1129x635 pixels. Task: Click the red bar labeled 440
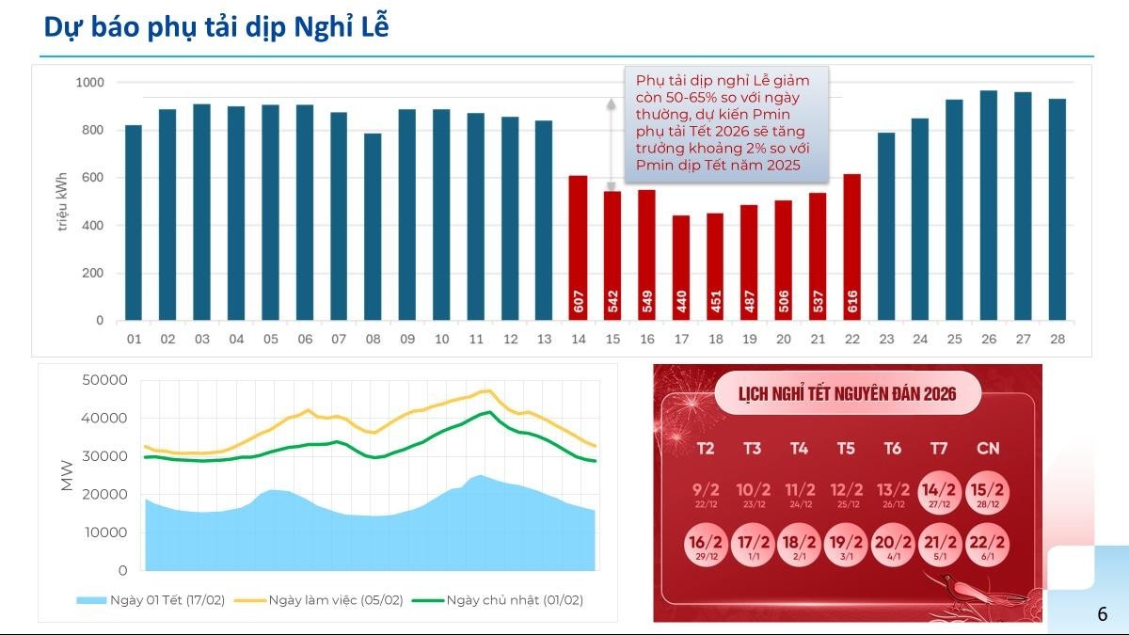click(x=681, y=268)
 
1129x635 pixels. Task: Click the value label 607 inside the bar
click(x=579, y=302)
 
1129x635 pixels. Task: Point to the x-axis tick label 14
click(x=579, y=339)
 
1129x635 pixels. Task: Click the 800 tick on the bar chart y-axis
click(x=90, y=130)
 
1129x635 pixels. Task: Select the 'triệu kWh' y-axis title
click(x=62, y=201)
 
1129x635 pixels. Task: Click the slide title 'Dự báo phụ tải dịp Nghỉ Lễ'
click(x=216, y=28)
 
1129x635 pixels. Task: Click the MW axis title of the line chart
click(x=67, y=475)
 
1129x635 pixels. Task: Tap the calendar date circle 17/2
click(x=753, y=546)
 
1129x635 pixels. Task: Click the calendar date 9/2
click(x=706, y=493)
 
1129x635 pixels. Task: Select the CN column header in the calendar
click(x=988, y=449)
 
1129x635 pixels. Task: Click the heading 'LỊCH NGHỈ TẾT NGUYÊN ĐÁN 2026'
click(x=848, y=393)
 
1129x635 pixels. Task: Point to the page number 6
click(x=1102, y=614)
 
